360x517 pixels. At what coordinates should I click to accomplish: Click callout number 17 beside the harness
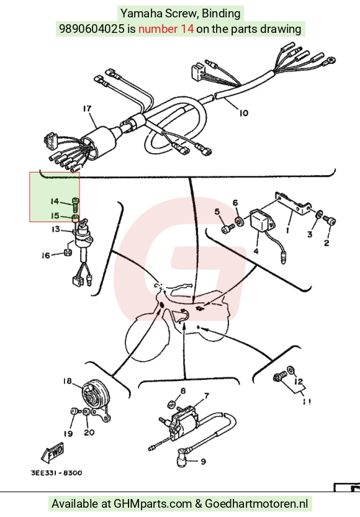[x=88, y=109]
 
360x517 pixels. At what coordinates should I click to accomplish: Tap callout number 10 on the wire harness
[x=243, y=113]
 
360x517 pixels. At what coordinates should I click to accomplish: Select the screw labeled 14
[x=76, y=204]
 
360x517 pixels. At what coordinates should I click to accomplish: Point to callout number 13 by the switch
[x=56, y=229]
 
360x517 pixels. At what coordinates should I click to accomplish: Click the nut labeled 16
[x=68, y=253]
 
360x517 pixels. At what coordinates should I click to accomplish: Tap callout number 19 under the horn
[x=68, y=434]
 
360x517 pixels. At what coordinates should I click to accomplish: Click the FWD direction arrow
[x=53, y=452]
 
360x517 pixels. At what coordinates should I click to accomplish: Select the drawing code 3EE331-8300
[x=56, y=473]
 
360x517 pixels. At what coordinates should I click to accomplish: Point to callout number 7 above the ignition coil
[x=206, y=396]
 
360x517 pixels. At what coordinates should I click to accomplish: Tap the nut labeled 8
[x=171, y=404]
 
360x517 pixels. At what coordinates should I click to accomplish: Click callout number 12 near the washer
[x=299, y=382]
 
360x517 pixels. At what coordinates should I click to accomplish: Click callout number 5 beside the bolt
[x=217, y=212]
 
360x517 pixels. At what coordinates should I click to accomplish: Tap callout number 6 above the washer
[x=235, y=202]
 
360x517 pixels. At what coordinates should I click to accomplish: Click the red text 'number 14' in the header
[x=166, y=29]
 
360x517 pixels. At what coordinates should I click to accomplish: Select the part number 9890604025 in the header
[x=92, y=29]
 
